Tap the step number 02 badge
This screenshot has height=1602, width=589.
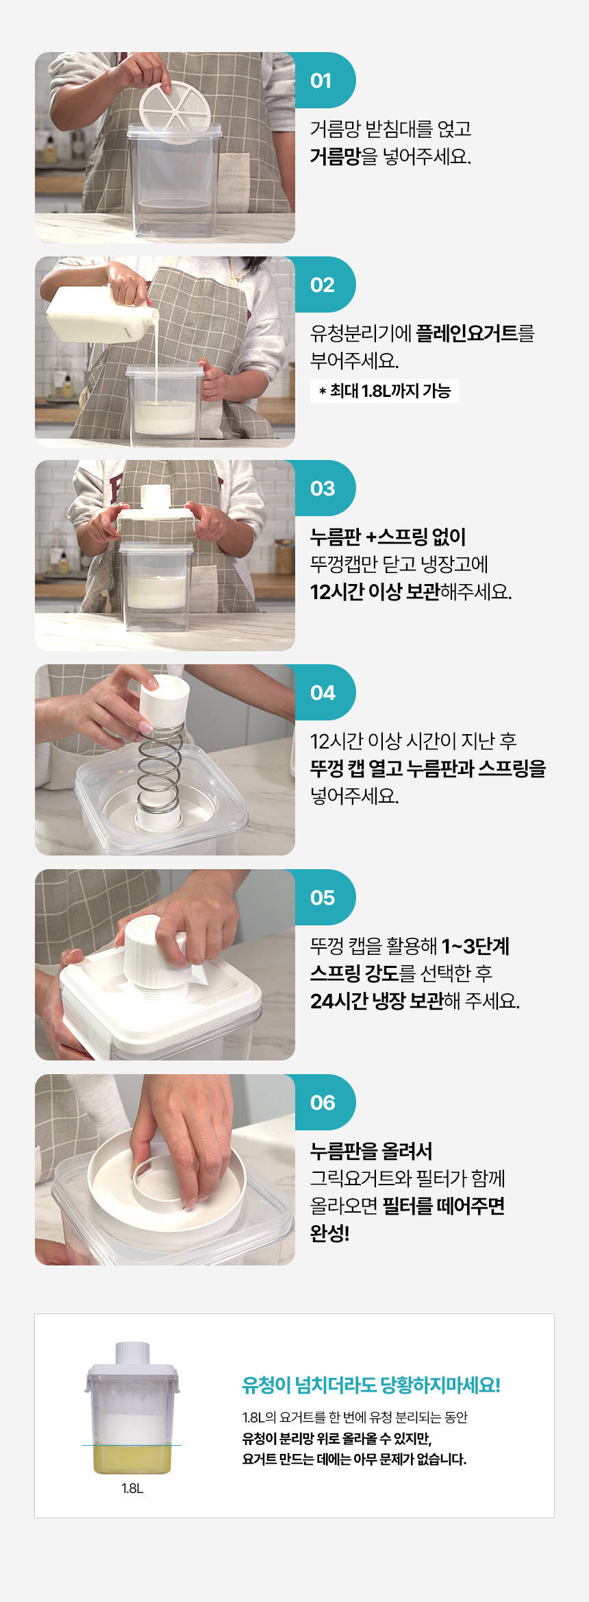click(x=322, y=284)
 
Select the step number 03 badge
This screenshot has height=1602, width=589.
click(x=322, y=488)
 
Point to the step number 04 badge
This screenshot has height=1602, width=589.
click(x=322, y=692)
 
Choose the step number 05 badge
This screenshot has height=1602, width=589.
click(x=322, y=897)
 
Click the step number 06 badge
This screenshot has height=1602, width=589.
click(x=322, y=1102)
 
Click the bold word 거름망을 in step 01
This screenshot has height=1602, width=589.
click(x=344, y=156)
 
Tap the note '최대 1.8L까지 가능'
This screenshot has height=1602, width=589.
click(x=385, y=391)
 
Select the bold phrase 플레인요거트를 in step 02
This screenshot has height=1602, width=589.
click(x=475, y=333)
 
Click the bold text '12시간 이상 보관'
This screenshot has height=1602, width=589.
click(x=375, y=592)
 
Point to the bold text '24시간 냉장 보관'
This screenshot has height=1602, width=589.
click(x=377, y=1001)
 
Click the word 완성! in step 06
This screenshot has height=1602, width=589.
click(x=329, y=1233)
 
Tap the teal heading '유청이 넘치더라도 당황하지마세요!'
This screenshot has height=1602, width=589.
click(x=371, y=1385)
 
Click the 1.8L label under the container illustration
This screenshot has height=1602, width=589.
click(x=132, y=1488)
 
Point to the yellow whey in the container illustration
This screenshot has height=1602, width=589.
click(x=132, y=1459)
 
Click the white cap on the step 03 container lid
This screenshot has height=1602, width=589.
click(x=155, y=496)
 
